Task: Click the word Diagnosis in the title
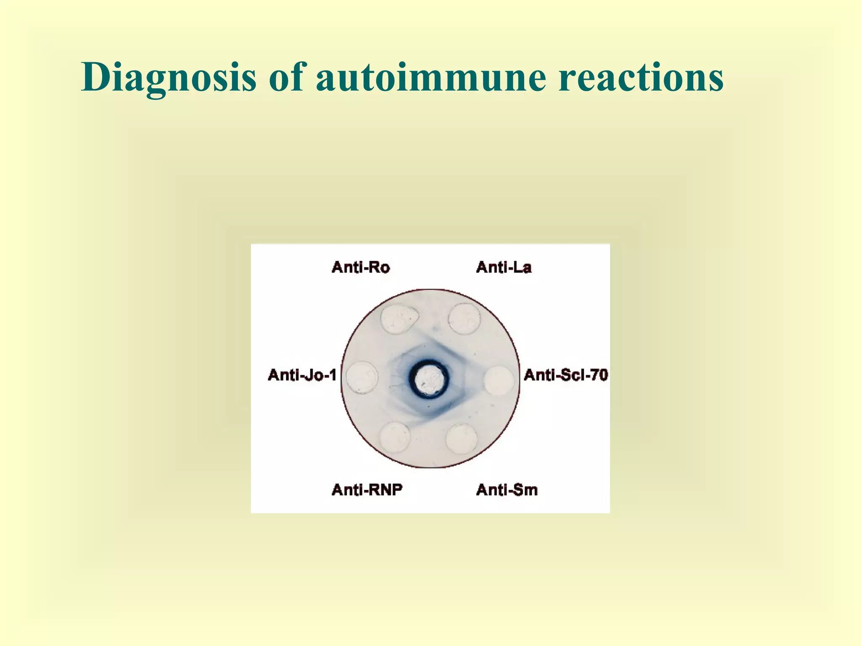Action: click(169, 77)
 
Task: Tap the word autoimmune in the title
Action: click(431, 77)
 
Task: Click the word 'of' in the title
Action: click(286, 77)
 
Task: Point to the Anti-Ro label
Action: click(361, 267)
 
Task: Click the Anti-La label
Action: click(504, 267)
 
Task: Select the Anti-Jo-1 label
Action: click(302, 375)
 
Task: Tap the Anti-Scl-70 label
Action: click(565, 375)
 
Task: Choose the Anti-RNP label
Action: click(367, 490)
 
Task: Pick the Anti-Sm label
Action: click(507, 490)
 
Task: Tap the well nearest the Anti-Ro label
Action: click(398, 320)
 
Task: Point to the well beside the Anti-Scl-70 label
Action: click(499, 381)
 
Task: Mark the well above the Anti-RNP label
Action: click(395, 437)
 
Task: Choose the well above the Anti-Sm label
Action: click(462, 439)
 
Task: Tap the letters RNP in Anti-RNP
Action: click(384, 490)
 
